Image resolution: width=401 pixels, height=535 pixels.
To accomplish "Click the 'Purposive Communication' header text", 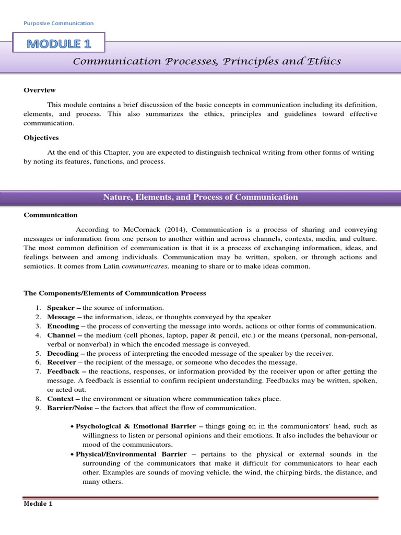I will [x=59, y=23].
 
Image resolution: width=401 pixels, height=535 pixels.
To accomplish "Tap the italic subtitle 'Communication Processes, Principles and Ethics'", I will [x=207, y=62].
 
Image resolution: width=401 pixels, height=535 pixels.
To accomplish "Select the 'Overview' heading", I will [x=40, y=90].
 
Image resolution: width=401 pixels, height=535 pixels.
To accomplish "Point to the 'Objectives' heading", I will [x=41, y=138].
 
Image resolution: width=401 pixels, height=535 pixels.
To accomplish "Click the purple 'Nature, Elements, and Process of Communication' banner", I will [x=200, y=197].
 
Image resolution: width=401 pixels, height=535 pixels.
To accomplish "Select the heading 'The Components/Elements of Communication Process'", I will [x=115, y=293].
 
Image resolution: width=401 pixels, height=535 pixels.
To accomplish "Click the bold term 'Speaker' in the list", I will [x=61, y=308].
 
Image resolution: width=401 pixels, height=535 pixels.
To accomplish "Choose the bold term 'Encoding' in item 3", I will [x=62, y=326].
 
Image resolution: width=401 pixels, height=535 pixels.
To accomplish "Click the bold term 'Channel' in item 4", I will [x=61, y=335].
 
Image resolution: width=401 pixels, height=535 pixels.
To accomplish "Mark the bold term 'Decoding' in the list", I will [x=63, y=353].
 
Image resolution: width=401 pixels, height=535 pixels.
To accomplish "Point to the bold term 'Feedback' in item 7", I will [x=63, y=371].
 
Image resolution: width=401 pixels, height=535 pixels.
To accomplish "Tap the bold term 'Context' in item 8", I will [x=61, y=399].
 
